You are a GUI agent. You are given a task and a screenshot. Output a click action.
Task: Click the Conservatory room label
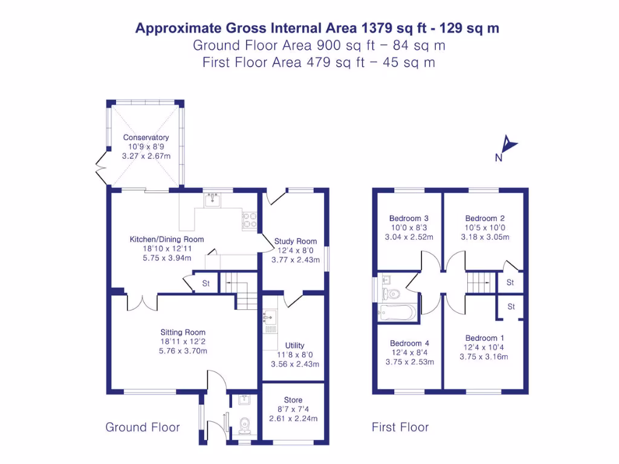click(146, 138)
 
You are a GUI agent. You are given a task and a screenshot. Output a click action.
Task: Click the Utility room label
click(295, 346)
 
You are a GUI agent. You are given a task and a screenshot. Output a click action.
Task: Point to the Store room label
click(293, 400)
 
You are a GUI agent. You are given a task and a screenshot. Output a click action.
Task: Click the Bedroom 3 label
click(409, 218)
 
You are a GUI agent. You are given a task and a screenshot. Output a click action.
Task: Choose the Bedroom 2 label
click(485, 218)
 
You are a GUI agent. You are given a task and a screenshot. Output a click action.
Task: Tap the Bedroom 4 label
click(409, 343)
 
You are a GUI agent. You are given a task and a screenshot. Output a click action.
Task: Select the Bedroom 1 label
click(485, 338)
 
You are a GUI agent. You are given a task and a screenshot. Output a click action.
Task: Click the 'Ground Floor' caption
click(143, 428)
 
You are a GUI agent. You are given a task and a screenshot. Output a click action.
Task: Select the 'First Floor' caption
click(400, 428)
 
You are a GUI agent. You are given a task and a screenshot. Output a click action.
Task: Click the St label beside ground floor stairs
click(206, 283)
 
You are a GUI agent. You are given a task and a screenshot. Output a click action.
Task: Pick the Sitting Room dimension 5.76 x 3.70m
click(183, 350)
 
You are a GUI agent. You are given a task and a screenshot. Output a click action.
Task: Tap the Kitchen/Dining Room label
click(167, 239)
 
